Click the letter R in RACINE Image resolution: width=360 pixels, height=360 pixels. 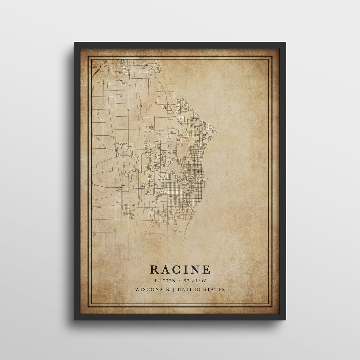pyautogui.click(x=154, y=269)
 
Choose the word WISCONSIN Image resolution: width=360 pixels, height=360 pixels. pyautogui.click(x=152, y=289)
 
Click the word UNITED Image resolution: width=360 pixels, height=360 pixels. pyautogui.click(x=189, y=289)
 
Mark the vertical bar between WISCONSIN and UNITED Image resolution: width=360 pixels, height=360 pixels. pyautogui.click(x=173, y=289)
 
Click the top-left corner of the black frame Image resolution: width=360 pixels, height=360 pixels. pyautogui.click(x=74, y=43)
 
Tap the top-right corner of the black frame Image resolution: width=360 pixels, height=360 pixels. pyautogui.click(x=285, y=43)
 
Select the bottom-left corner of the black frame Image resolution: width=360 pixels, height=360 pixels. pyautogui.click(x=74, y=320)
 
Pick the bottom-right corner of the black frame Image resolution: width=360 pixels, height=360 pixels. pyautogui.click(x=285, y=320)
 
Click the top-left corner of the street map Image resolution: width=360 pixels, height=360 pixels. pyautogui.click(x=92, y=60)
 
